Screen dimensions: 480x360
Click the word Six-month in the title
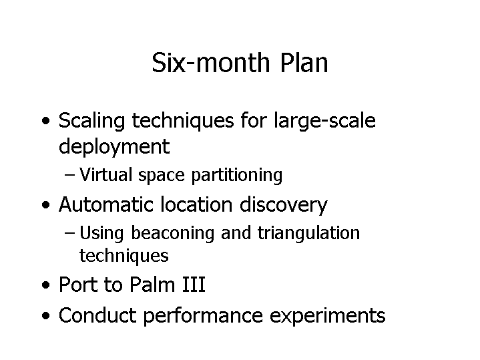[211, 63]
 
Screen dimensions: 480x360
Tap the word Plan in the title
[304, 63]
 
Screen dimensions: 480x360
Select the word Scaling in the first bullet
[92, 121]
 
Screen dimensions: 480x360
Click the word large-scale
[324, 121]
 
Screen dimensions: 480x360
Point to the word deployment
[114, 147]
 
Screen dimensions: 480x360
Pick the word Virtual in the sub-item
[106, 174]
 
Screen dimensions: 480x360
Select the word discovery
[284, 205]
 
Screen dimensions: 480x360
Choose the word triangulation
[308, 234]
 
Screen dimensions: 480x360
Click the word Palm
[152, 285]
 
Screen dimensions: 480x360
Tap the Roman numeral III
[194, 285]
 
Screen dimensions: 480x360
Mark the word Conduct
[97, 315]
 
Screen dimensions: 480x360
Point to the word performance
[203, 316]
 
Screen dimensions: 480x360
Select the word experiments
[328, 316]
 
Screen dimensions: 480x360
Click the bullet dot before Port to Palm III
[45, 285]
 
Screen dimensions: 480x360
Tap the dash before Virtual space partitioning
[70, 175]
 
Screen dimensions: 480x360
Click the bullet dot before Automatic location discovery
[45, 204]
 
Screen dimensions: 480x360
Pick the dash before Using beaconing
[70, 233]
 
